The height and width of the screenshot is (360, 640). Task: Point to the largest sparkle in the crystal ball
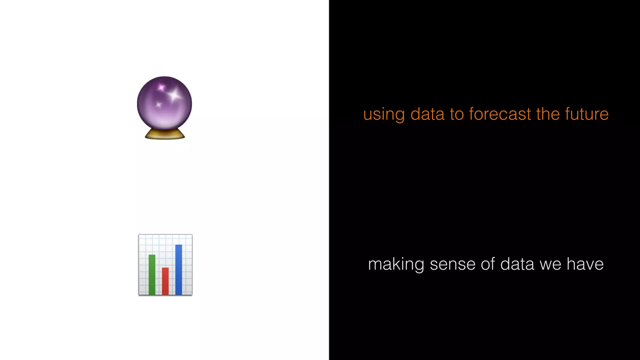pyautogui.click(x=174, y=94)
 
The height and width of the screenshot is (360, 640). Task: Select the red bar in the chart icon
pyautogui.click(x=165, y=281)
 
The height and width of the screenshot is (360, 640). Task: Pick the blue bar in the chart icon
pyautogui.click(x=179, y=269)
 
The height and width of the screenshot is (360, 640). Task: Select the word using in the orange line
pyautogui.click(x=384, y=114)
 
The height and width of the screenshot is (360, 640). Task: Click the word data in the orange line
pyautogui.click(x=427, y=114)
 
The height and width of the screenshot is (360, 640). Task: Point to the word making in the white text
pyautogui.click(x=396, y=264)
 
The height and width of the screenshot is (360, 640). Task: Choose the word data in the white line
pyautogui.click(x=517, y=264)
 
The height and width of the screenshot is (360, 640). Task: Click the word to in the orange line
pyautogui.click(x=457, y=114)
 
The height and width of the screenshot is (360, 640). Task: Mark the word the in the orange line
pyautogui.click(x=548, y=114)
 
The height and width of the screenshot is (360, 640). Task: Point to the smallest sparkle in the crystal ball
pyautogui.click(x=158, y=105)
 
